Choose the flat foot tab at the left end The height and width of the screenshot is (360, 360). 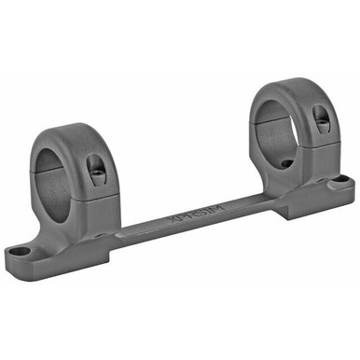[28, 253]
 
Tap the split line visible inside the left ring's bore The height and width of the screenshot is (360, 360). [47, 173]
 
